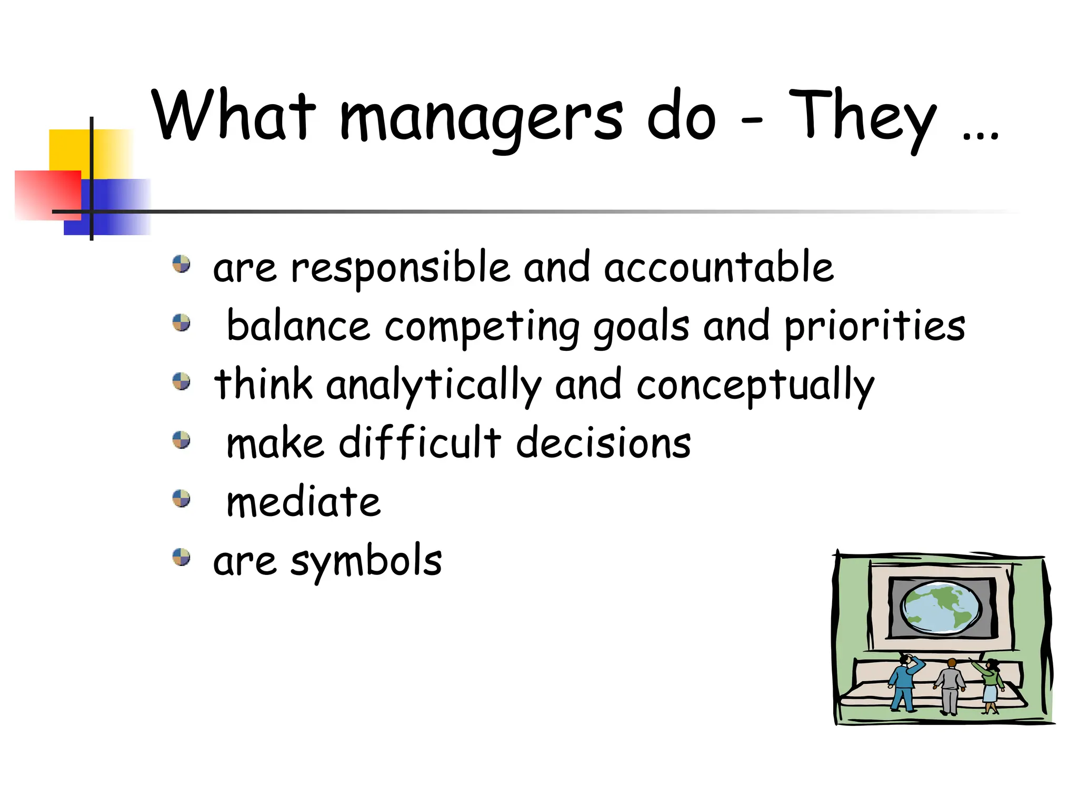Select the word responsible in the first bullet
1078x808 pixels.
pos(400,268)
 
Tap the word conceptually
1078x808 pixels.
pos(755,386)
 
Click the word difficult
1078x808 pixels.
pos(420,443)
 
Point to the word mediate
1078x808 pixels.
pos(303,502)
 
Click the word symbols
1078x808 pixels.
pos(366,561)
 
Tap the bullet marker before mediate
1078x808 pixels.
pos(182,498)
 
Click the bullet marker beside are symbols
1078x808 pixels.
pos(182,557)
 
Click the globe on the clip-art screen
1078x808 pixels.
pos(941,607)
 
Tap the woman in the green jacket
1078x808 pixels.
pos(991,684)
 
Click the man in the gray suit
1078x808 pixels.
pos(950,686)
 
